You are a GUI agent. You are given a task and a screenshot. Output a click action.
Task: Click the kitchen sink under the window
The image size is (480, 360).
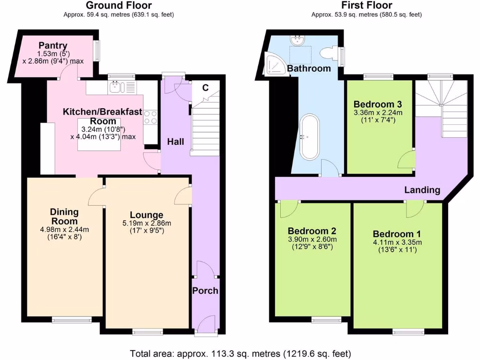click(116, 87)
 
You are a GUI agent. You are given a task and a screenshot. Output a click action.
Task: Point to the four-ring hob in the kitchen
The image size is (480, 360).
click(150, 117)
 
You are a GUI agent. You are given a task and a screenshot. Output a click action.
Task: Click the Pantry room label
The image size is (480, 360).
click(53, 45)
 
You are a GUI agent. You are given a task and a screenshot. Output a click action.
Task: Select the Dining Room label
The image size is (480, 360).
click(64, 217)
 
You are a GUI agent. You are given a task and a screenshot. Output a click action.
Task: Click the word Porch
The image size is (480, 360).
click(205, 291)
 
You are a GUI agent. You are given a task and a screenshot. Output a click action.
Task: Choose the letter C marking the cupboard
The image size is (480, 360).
click(205, 87)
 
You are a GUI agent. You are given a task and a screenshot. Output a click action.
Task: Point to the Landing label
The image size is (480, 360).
click(422, 190)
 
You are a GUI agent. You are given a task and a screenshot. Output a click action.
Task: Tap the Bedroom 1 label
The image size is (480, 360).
click(397, 234)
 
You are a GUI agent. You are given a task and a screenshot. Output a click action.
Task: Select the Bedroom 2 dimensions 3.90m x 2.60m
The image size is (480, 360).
click(312, 240)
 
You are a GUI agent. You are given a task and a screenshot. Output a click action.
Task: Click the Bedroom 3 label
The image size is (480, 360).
click(377, 104)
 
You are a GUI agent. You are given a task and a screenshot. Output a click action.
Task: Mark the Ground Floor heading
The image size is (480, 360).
click(119, 6)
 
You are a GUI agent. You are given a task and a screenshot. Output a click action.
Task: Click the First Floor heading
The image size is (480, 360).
click(367, 6)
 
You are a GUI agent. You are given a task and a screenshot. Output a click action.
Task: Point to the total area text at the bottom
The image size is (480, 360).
click(240, 353)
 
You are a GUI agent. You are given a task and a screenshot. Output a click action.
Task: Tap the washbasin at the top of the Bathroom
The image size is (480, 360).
click(297, 41)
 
